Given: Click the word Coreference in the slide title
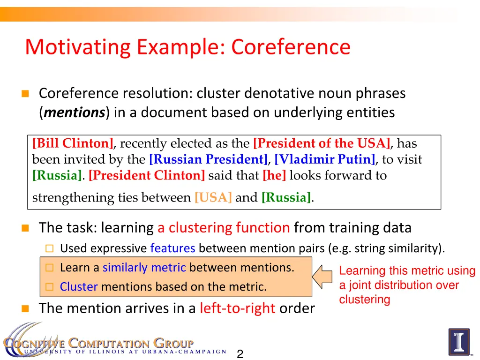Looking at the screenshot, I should tap(291, 47).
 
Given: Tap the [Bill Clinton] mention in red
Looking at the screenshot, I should tap(73, 143).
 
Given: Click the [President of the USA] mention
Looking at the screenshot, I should tap(322, 143).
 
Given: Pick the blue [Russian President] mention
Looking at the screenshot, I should tap(208, 159).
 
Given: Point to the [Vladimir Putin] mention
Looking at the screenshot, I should tap(325, 159).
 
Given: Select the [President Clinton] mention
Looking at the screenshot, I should tap(147, 176).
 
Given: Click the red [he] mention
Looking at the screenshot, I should tap(274, 176).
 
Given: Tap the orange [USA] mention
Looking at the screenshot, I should tap(213, 197).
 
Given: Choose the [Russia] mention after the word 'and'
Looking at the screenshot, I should tap(286, 197).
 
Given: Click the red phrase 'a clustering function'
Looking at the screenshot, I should tap(224, 228).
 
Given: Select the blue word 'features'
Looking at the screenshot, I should tap(172, 248).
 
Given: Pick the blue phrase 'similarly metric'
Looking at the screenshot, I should tap(144, 268).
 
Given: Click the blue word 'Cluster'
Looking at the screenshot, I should tap(79, 287).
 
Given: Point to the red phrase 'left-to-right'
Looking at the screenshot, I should tap(237, 308).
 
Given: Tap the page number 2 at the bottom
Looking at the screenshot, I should tap(240, 354).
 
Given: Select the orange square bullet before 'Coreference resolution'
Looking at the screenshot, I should tap(25, 94).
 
